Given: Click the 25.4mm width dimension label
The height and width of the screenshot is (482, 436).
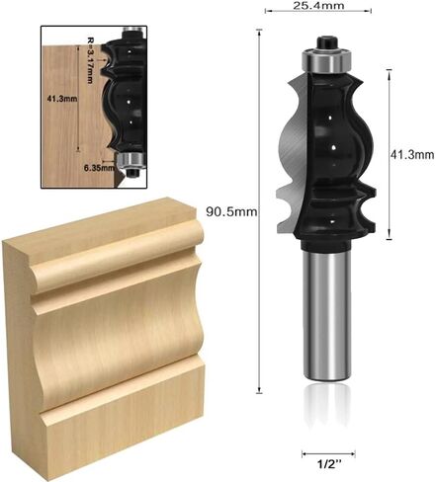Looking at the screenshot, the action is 318,5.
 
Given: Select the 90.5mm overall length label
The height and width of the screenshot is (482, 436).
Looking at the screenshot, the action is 231,211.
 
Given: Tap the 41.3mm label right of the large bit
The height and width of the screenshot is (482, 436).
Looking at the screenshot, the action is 412,154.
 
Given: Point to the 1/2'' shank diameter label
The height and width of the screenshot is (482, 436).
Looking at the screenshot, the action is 328,464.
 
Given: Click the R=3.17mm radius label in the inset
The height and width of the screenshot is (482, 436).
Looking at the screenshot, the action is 90,59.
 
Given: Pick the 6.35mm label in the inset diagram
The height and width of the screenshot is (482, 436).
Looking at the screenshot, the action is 99,168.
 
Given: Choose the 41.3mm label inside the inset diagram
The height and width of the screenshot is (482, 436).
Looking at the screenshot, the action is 62,99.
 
